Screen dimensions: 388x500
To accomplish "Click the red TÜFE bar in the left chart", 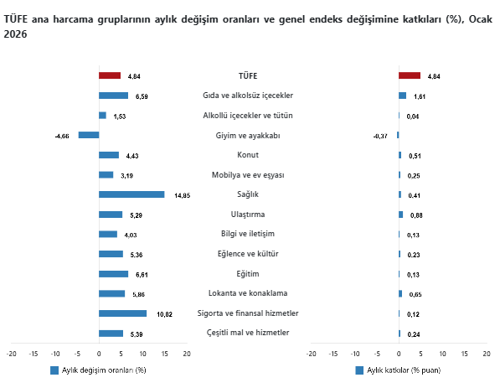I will (x=110, y=75).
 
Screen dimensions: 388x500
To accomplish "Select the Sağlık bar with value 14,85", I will (x=131, y=194).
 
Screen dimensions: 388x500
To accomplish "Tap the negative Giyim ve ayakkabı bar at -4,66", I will (x=89, y=135).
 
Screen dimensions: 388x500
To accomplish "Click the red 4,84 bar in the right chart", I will (x=410, y=75).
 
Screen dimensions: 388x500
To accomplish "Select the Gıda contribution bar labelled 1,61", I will (x=403, y=96).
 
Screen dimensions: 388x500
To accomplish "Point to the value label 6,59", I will (x=142, y=96).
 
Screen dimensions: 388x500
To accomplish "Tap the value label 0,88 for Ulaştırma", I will (x=416, y=215).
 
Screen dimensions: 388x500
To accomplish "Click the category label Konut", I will (x=248, y=154).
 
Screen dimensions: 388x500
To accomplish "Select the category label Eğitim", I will (x=248, y=274).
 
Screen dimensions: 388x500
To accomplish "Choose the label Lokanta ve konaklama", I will (x=248, y=293).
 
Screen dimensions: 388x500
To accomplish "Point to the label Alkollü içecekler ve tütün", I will (x=248, y=115).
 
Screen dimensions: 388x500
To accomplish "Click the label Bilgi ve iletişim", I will (x=248, y=234).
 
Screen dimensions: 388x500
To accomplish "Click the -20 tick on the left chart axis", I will (x=12, y=354).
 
